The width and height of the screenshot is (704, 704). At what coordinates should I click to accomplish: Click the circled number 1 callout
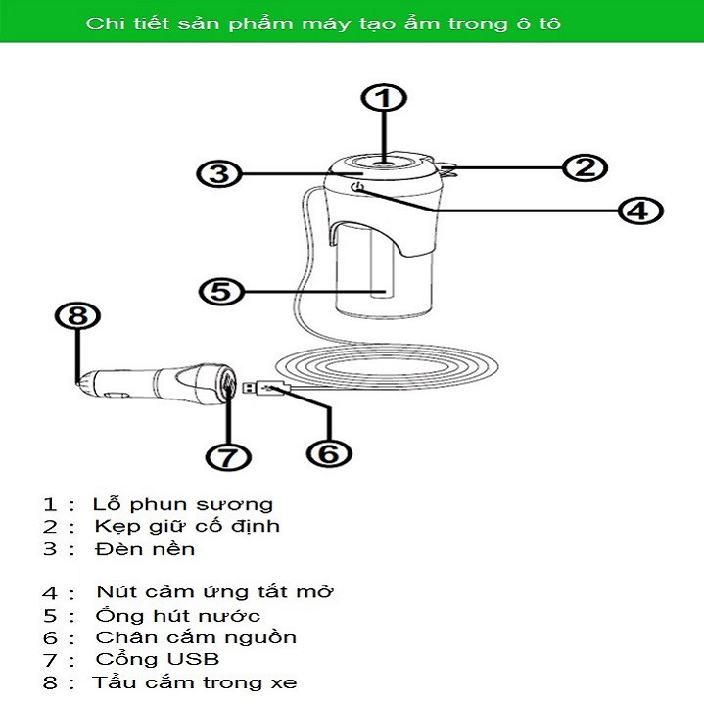coord(385,99)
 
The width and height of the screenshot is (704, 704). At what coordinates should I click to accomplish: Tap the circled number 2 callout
coord(585,167)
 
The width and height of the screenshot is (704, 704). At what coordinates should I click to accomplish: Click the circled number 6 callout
coord(329,453)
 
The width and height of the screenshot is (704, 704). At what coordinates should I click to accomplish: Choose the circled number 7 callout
coord(229,456)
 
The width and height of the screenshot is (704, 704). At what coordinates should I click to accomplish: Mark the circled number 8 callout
coord(78,316)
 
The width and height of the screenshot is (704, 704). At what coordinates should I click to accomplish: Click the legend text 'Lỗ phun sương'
coord(183,504)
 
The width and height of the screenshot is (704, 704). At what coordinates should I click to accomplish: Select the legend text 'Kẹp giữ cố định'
coord(187,526)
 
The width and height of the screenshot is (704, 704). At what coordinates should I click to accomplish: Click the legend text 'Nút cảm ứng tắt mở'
coord(215,592)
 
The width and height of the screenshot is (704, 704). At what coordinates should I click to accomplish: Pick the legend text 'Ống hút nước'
coord(178,615)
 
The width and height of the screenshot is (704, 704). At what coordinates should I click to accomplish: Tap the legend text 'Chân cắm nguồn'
coord(196,637)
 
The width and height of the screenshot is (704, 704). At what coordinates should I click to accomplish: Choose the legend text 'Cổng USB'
coord(158,659)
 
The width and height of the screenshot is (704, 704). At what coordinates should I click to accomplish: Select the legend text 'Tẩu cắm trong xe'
coord(195,682)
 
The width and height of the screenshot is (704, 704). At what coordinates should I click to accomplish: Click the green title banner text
coord(323,23)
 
